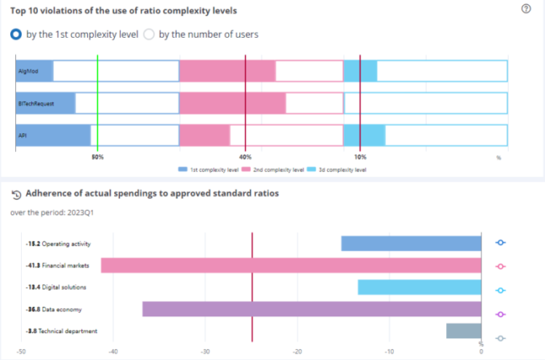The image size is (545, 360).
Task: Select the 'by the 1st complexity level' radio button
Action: click(x=16, y=34)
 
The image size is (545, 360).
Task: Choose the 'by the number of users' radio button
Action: click(x=150, y=34)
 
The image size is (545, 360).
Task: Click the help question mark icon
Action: click(x=526, y=9)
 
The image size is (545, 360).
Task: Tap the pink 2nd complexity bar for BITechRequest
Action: click(x=232, y=103)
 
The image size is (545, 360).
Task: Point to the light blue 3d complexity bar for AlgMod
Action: click(x=361, y=71)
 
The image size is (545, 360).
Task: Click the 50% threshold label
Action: click(x=97, y=157)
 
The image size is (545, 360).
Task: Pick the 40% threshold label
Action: click(x=245, y=157)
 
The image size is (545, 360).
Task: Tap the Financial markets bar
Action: click(x=291, y=265)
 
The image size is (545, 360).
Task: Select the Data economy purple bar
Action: click(x=312, y=309)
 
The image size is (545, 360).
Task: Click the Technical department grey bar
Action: click(x=464, y=331)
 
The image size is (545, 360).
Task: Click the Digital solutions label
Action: click(x=65, y=288)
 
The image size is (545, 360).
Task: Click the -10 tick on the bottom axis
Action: click(x=389, y=352)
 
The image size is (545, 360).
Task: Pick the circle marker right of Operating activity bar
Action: click(x=501, y=243)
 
